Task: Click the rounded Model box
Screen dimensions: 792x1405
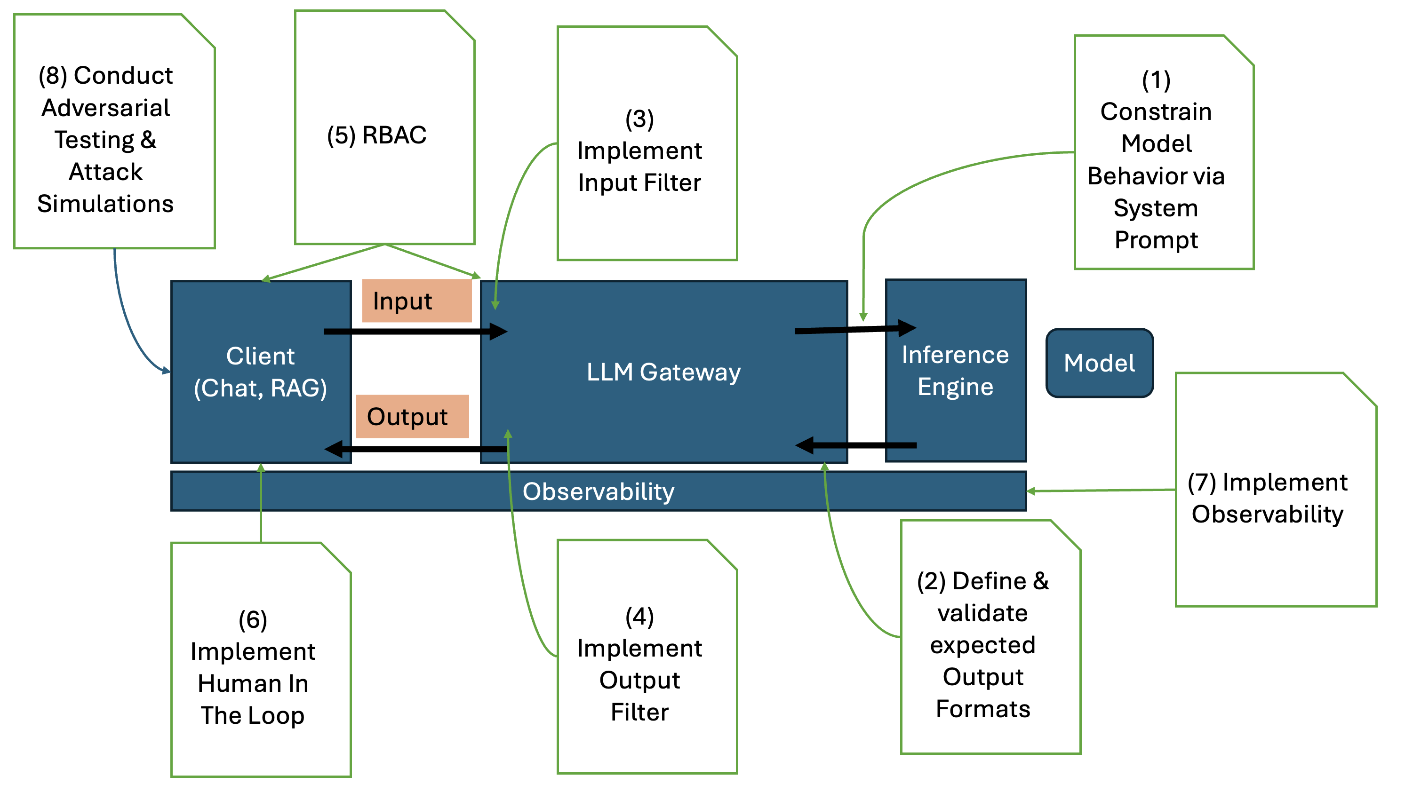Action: (1099, 363)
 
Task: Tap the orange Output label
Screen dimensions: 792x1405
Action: (412, 416)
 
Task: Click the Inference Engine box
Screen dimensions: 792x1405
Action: (955, 371)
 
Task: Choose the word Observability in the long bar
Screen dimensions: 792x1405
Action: (599, 491)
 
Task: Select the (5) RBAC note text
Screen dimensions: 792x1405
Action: (377, 135)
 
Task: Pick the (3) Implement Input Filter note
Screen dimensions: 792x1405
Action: (640, 151)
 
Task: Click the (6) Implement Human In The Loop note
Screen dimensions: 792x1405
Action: (253, 667)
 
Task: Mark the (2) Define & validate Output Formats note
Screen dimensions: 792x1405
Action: (983, 644)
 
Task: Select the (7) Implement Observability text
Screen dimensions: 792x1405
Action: (1268, 498)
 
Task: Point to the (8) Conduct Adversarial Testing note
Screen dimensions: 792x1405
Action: (106, 140)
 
